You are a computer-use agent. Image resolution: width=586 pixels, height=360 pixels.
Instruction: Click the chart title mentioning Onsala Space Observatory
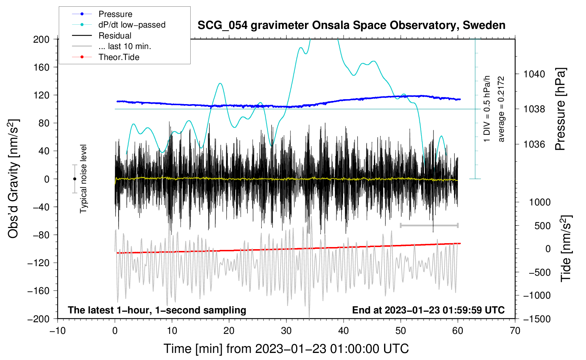tap(351, 25)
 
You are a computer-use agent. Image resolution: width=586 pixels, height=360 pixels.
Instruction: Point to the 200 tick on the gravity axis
tap(41, 40)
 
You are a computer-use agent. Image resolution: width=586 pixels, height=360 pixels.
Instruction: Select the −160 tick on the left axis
tap(38, 291)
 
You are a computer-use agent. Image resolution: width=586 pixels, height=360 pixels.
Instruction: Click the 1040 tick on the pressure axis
tap(534, 74)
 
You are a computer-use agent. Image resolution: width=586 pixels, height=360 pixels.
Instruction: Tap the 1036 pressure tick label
tap(534, 144)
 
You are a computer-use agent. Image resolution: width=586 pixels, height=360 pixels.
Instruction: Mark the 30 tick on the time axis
tap(286, 331)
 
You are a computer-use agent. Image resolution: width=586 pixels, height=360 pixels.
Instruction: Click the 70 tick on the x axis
tap(515, 331)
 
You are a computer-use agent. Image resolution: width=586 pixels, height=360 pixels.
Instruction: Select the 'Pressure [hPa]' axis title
tap(560, 109)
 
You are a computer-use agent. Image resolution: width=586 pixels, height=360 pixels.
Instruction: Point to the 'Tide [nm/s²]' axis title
tap(566, 248)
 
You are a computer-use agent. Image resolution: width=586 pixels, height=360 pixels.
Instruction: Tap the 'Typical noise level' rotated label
tap(83, 179)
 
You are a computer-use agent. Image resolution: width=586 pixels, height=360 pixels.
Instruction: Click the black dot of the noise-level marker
tap(74, 179)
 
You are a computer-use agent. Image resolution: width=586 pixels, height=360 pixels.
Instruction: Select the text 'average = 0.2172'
tap(501, 109)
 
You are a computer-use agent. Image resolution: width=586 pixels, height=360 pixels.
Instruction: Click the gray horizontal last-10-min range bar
tap(429, 225)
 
